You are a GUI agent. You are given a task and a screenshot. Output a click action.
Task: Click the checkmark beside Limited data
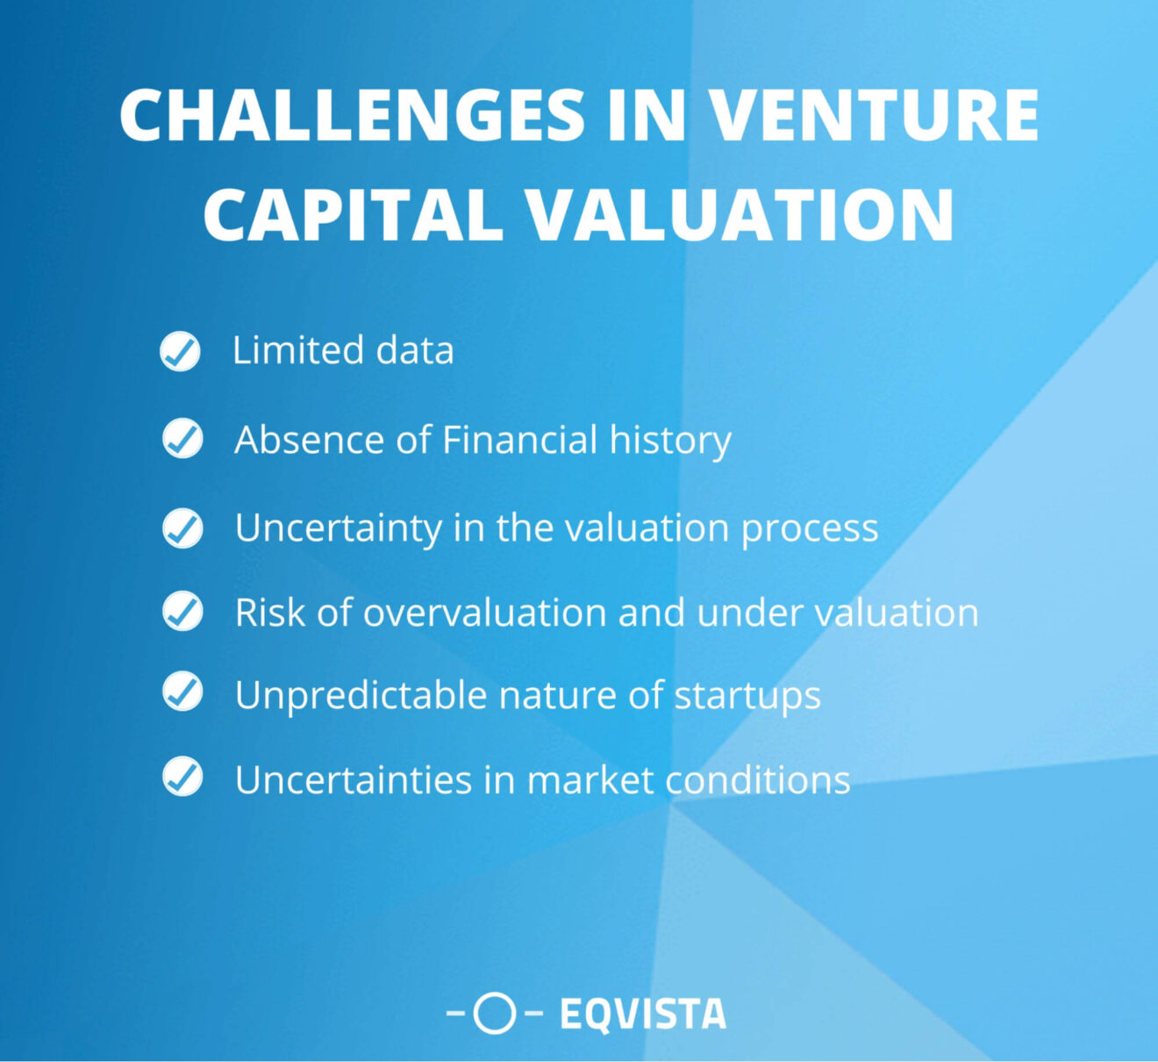pos(181,351)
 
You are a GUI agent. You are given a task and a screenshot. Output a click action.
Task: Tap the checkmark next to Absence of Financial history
pos(182,438)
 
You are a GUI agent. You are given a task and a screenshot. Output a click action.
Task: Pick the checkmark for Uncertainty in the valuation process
pos(182,527)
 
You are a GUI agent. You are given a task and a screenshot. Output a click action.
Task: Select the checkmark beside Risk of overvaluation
pos(182,611)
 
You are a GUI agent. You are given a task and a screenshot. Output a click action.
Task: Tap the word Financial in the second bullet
pos(519,439)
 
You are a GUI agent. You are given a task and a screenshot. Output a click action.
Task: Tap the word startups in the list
pos(747,696)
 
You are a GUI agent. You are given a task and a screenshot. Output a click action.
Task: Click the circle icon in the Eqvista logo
pos(495,1014)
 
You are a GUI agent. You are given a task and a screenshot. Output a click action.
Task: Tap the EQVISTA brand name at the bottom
pos(643,1015)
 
